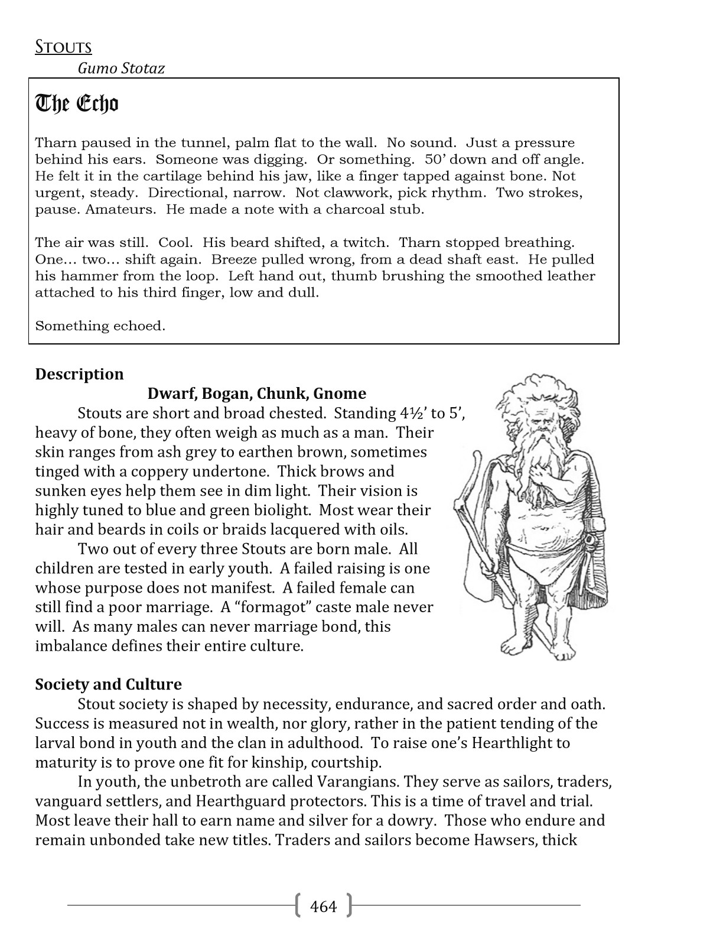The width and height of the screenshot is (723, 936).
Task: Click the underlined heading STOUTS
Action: [x=63, y=47]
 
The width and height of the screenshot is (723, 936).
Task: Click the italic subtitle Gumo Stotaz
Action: [x=121, y=69]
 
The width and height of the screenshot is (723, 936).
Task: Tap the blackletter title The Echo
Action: [x=77, y=103]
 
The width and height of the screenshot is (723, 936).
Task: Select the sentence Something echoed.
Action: [x=100, y=326]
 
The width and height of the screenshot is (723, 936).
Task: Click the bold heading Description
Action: [x=80, y=374]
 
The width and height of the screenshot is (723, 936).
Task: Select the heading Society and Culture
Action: [x=109, y=684]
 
